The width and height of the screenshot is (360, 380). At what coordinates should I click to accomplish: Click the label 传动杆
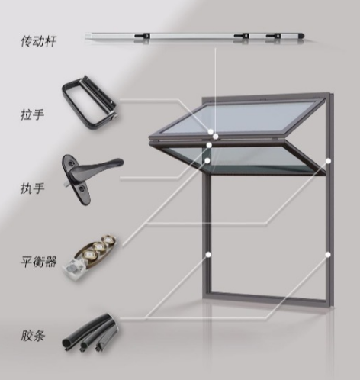point(38,41)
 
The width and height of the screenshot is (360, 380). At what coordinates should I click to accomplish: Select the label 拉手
point(32,114)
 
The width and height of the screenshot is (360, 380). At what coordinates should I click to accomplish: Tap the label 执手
point(32,188)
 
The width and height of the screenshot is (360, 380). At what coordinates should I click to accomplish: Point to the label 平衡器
point(38,262)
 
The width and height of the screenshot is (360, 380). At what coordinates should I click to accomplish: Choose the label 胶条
point(32,335)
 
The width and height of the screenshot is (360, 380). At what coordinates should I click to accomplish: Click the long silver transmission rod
point(194,37)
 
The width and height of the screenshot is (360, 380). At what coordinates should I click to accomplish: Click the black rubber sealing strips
point(89,333)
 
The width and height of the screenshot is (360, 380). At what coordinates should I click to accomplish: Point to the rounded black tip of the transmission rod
point(301,36)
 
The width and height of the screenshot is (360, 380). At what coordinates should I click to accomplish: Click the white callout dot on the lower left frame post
point(208,254)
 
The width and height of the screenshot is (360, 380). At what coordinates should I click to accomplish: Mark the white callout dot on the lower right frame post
point(328,254)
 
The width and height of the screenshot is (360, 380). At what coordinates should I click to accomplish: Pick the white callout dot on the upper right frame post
point(328,161)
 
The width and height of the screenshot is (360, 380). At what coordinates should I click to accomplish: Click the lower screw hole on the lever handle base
point(82,189)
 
